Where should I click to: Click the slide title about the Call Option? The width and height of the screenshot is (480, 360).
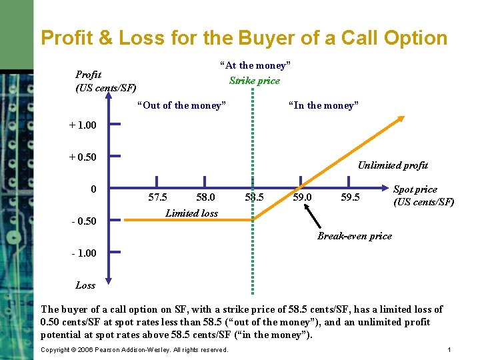[244, 37]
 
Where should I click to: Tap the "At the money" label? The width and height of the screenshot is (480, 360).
[255, 65]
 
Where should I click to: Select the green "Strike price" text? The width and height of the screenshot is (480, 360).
[255, 81]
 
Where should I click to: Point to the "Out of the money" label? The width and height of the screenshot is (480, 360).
[181, 105]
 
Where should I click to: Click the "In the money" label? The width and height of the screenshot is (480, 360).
[323, 105]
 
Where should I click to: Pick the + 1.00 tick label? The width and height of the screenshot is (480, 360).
[83, 125]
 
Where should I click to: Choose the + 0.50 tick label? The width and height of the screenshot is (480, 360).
[83, 157]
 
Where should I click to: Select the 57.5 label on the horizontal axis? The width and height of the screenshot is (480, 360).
[157, 197]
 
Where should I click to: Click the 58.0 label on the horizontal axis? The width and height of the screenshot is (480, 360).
[205, 197]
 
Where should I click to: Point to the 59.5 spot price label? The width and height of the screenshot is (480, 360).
[350, 197]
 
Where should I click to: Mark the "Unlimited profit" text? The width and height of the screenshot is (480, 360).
[393, 165]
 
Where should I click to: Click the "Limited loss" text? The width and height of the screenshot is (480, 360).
[191, 213]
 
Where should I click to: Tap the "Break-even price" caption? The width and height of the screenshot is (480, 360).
[355, 236]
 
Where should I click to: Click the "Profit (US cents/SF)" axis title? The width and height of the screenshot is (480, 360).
[106, 81]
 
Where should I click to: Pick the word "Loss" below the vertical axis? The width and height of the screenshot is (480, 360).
[85, 285]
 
